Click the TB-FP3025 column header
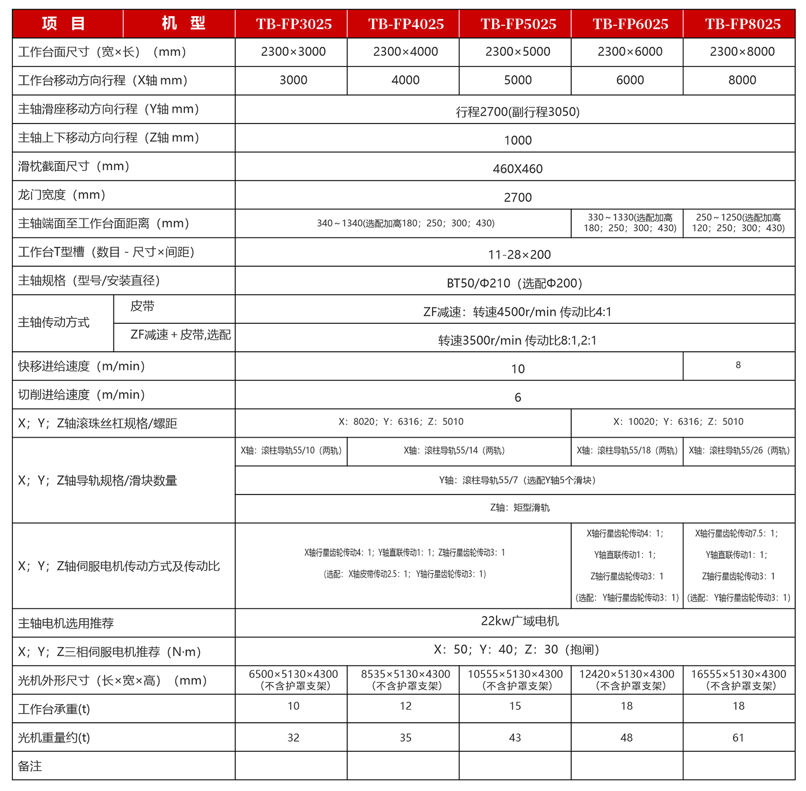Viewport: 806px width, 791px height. click(293, 24)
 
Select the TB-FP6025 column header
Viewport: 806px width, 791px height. click(630, 24)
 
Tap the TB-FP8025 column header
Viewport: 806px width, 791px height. click(743, 24)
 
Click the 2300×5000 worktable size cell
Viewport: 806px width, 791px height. click(517, 52)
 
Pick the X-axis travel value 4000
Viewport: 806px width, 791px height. click(405, 80)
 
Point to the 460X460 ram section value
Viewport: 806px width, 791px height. click(517, 169)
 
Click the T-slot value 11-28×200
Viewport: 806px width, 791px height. click(519, 255)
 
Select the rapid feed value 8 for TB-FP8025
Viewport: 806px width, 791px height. click(738, 365)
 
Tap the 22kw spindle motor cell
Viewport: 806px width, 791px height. click(520, 621)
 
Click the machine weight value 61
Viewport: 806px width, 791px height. click(738, 738)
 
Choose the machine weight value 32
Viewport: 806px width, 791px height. click(293, 738)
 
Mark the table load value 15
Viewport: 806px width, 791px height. click(515, 706)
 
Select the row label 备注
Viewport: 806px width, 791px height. click(30, 766)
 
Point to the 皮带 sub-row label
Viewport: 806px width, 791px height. click(142, 307)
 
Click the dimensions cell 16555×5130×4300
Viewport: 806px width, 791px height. click(738, 680)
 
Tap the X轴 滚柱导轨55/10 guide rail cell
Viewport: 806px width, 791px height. click(291, 451)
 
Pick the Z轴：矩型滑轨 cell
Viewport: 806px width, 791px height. click(520, 507)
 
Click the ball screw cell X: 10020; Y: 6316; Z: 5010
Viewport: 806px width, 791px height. click(678, 422)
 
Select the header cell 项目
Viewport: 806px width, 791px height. click(64, 24)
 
